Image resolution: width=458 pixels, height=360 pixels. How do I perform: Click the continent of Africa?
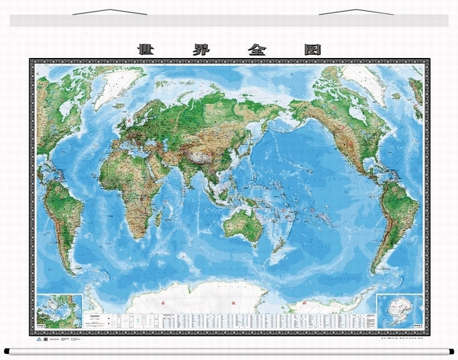coord(126,183)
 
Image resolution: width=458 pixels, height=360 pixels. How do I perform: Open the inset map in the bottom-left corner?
coord(59,311)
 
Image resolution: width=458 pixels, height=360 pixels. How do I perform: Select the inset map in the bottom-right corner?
coord(400,311)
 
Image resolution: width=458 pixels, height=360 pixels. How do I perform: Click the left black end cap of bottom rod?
coord(7,351)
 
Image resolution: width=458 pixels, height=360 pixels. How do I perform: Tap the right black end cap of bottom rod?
coord(453,351)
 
